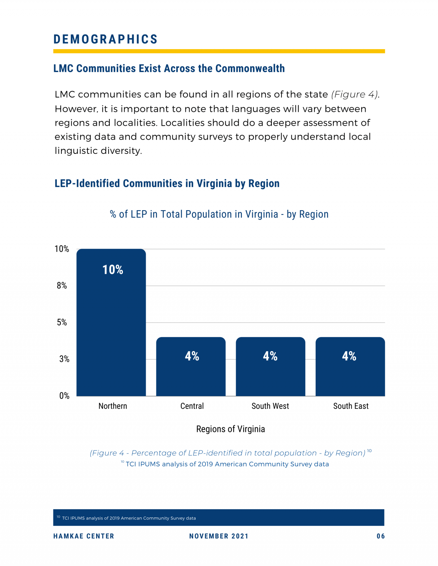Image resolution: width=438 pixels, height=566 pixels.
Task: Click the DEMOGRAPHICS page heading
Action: tap(105, 39)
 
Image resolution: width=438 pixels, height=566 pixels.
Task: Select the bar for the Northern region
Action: tap(111, 328)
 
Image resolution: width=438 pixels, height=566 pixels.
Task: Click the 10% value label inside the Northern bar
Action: tap(113, 270)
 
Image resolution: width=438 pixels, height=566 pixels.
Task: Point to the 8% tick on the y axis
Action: tap(62, 286)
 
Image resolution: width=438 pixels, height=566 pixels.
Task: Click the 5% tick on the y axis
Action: tap(62, 322)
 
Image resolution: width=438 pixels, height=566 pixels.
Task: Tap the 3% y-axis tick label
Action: tap(64, 359)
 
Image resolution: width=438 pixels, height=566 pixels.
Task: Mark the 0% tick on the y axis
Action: tap(64, 395)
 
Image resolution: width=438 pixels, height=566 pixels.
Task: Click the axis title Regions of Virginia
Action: tap(230, 429)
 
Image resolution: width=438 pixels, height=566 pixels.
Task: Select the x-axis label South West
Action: tap(270, 406)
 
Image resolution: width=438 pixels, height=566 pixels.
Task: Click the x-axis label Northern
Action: tap(113, 406)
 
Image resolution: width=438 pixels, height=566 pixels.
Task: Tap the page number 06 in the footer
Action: tap(381, 536)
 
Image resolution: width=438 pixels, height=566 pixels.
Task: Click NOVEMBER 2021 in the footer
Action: tap(219, 536)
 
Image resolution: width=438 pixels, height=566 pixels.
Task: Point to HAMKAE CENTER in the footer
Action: tap(84, 536)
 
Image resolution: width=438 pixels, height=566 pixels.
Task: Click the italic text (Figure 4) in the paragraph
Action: tap(355, 94)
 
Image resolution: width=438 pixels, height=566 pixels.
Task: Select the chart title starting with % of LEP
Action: tap(219, 214)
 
